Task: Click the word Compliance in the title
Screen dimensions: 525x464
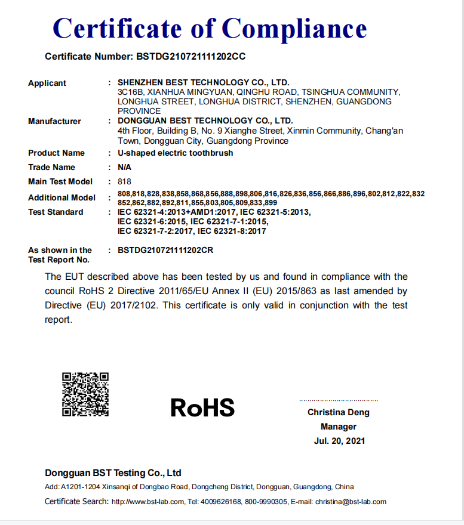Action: [x=294, y=28]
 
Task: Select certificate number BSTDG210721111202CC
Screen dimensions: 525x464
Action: [x=191, y=57]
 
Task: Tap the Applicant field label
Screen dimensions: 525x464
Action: [x=47, y=83]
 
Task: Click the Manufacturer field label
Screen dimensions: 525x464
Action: [x=54, y=121]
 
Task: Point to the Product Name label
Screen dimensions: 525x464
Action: [x=56, y=153]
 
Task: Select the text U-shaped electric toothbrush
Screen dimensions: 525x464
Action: [x=176, y=153]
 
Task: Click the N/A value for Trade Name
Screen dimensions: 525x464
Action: [x=124, y=167]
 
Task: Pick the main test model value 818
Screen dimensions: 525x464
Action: [x=124, y=181]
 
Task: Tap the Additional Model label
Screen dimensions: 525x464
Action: [x=62, y=197]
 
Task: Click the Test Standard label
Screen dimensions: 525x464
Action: [x=56, y=212]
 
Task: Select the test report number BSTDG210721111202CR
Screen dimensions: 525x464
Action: [x=165, y=250]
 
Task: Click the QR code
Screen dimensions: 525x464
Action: [x=85, y=394]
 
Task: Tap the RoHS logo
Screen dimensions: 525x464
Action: [x=202, y=407]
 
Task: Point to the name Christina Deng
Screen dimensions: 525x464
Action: [x=339, y=412]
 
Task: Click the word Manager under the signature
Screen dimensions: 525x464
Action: [x=339, y=427]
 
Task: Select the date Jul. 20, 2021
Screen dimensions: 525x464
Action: [x=339, y=441]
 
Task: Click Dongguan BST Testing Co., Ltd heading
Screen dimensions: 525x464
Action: [x=113, y=473]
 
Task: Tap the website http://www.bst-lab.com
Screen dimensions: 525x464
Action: [x=148, y=502]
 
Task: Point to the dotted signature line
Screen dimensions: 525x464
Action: [x=339, y=400]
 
